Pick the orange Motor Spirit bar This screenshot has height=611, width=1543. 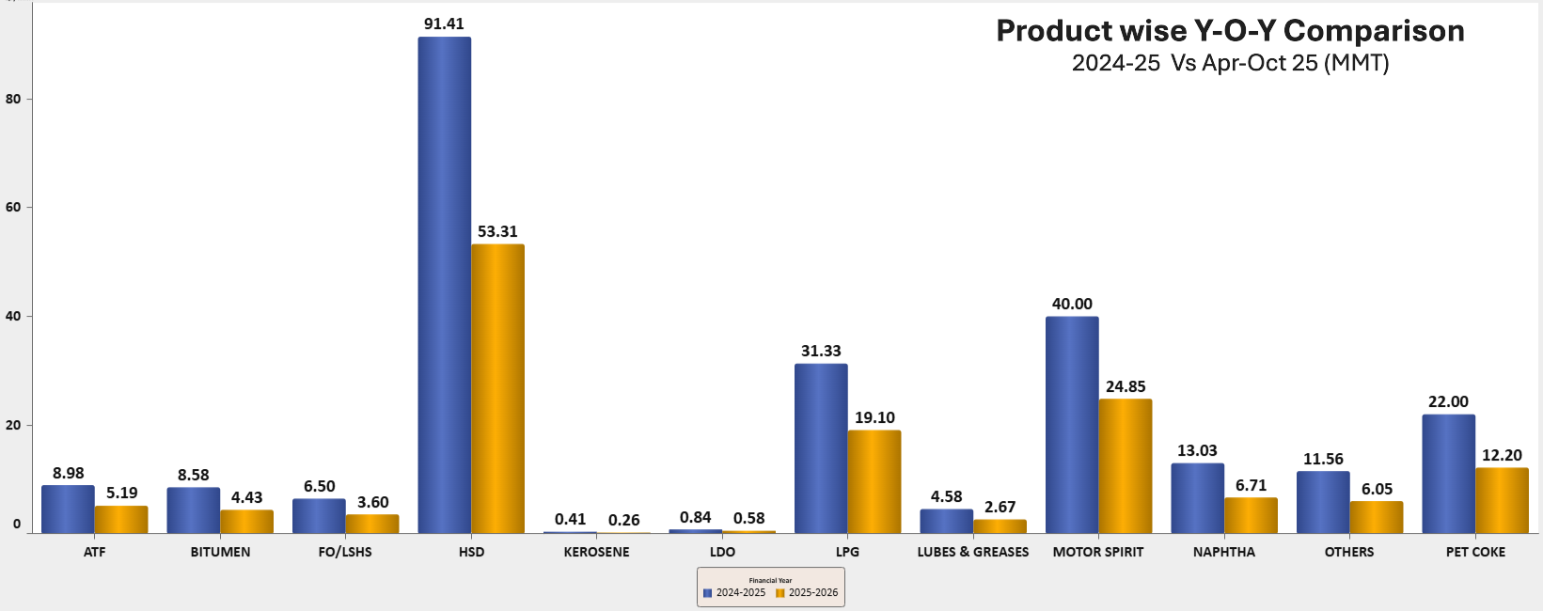(x=1126, y=466)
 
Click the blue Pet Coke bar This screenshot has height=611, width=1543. (x=1448, y=474)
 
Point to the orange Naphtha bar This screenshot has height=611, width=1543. (x=1251, y=515)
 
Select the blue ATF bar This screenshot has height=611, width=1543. (x=68, y=509)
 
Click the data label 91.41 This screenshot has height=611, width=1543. (x=444, y=23)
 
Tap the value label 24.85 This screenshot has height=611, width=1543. (x=1126, y=386)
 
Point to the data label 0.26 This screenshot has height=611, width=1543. (x=623, y=520)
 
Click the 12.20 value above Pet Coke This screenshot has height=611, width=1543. (x=1502, y=455)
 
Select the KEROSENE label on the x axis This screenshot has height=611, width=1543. (x=596, y=552)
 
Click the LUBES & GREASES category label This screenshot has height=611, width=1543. (x=973, y=552)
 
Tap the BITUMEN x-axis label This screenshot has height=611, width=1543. (x=220, y=552)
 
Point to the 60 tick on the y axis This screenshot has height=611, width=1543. (x=13, y=207)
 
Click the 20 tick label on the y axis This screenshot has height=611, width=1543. (x=13, y=425)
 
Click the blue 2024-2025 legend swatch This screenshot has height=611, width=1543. (x=707, y=593)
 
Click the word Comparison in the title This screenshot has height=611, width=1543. (x=1374, y=31)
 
